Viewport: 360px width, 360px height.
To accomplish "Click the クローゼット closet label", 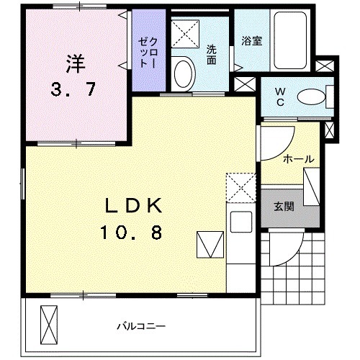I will [148, 50].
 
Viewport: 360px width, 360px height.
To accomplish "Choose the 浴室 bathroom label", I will [251, 40].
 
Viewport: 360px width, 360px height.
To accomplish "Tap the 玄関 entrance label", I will [282, 206].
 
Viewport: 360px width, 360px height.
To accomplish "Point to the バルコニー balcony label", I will [138, 326].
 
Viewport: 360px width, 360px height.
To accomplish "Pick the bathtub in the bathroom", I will [292, 39].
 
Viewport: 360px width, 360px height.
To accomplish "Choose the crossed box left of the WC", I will [245, 83].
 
